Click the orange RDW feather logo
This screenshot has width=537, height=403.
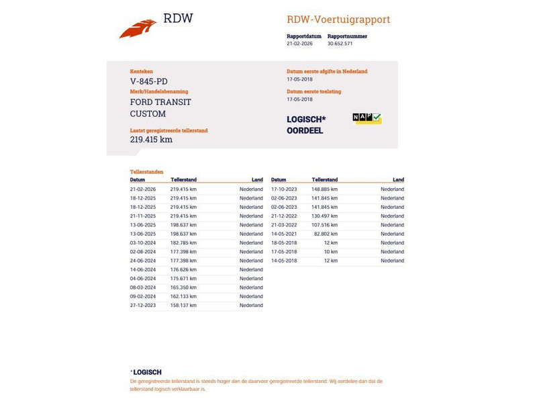138,29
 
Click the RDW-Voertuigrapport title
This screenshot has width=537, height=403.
338,19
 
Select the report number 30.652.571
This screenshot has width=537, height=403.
340,44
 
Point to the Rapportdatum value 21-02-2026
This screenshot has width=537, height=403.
299,44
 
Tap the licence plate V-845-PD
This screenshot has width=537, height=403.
149,81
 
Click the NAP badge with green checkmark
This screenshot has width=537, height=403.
367,118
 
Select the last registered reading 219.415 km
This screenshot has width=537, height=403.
151,140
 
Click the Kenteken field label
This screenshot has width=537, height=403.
142,71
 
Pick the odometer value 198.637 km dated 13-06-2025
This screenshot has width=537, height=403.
183,225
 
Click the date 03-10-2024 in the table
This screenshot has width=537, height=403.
143,242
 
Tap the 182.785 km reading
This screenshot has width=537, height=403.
183,242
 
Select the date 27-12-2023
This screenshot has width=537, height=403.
143,305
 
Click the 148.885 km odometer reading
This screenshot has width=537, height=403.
324,189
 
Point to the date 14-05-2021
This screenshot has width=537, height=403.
284,234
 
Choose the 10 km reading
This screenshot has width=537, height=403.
330,252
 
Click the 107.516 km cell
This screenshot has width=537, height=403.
324,225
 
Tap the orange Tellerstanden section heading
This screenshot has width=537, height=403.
146,172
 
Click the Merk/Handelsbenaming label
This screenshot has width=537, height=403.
159,91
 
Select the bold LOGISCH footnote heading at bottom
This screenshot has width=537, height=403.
147,372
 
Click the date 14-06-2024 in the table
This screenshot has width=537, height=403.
143,269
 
